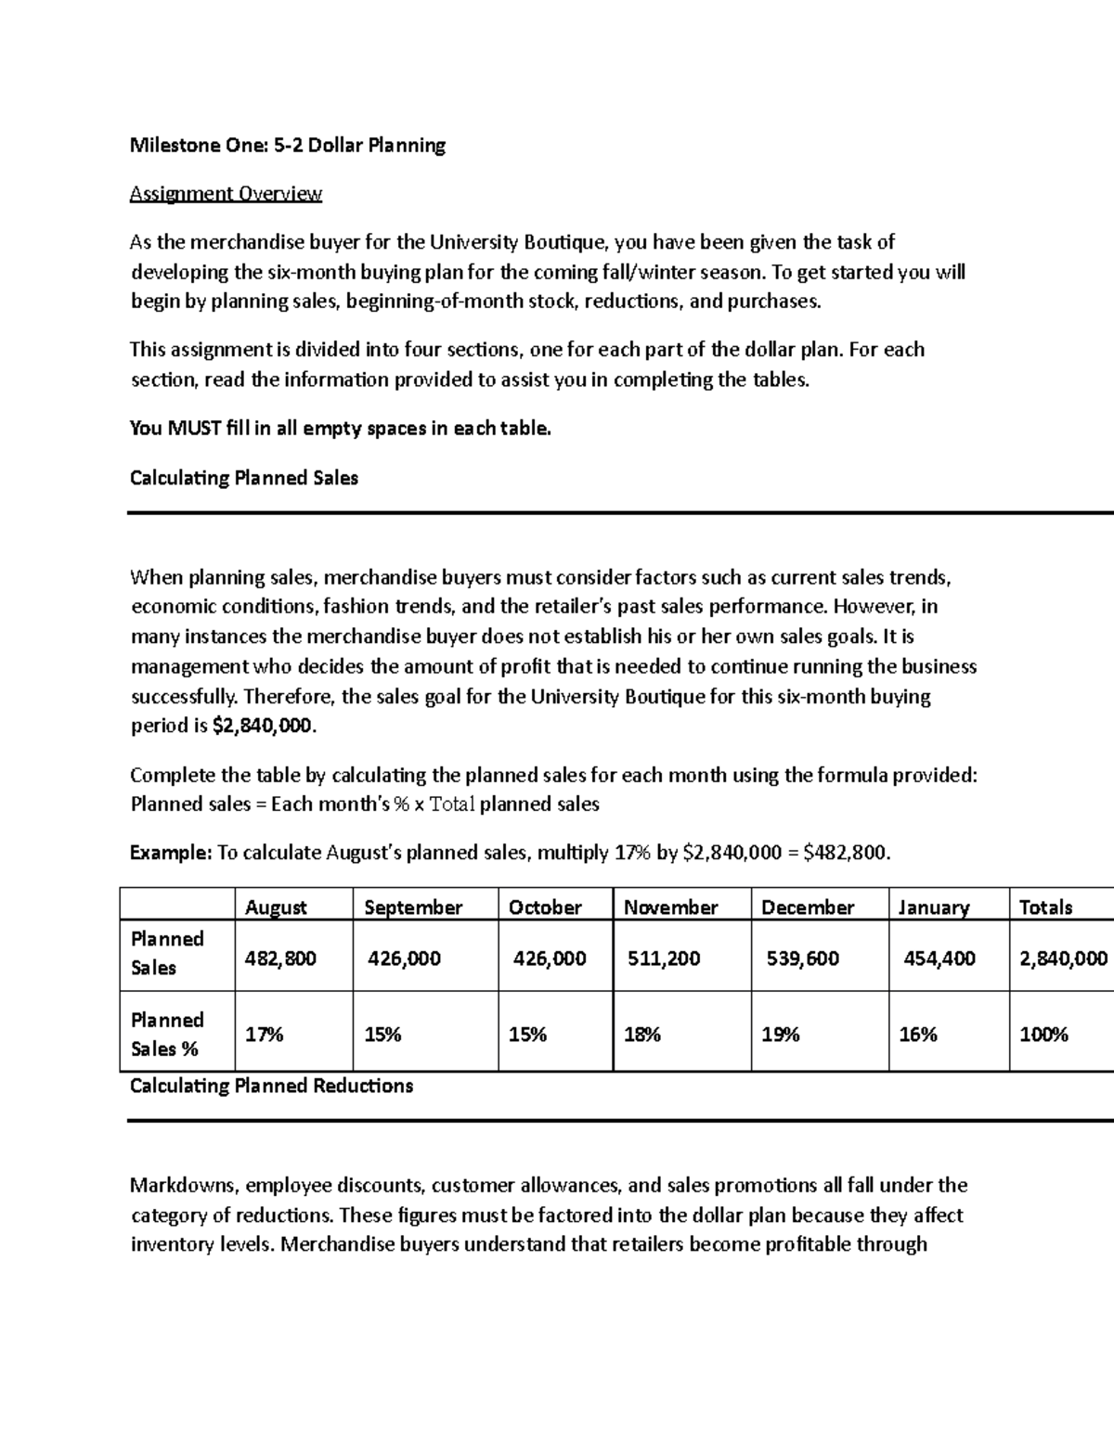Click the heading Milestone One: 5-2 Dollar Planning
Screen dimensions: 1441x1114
(x=288, y=146)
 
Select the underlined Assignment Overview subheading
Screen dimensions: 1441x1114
(x=226, y=194)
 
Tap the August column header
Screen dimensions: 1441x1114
(x=276, y=907)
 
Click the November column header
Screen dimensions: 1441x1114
(x=670, y=907)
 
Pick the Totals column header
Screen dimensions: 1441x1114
(x=1045, y=907)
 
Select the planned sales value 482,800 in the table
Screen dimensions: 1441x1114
(x=280, y=959)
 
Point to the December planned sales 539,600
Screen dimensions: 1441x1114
(x=802, y=959)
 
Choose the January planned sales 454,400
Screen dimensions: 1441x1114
(x=939, y=959)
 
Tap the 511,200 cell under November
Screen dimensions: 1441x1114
(x=664, y=959)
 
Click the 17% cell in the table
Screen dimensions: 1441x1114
(x=264, y=1035)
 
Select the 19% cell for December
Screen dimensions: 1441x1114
(x=780, y=1035)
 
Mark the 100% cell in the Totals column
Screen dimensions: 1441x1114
(x=1043, y=1035)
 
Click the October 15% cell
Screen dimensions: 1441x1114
(x=527, y=1035)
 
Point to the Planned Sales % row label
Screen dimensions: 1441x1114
(x=167, y=1035)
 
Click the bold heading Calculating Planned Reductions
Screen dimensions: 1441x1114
(x=271, y=1086)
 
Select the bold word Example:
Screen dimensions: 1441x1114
(x=171, y=853)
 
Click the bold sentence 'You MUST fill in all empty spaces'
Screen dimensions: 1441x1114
(x=340, y=429)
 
